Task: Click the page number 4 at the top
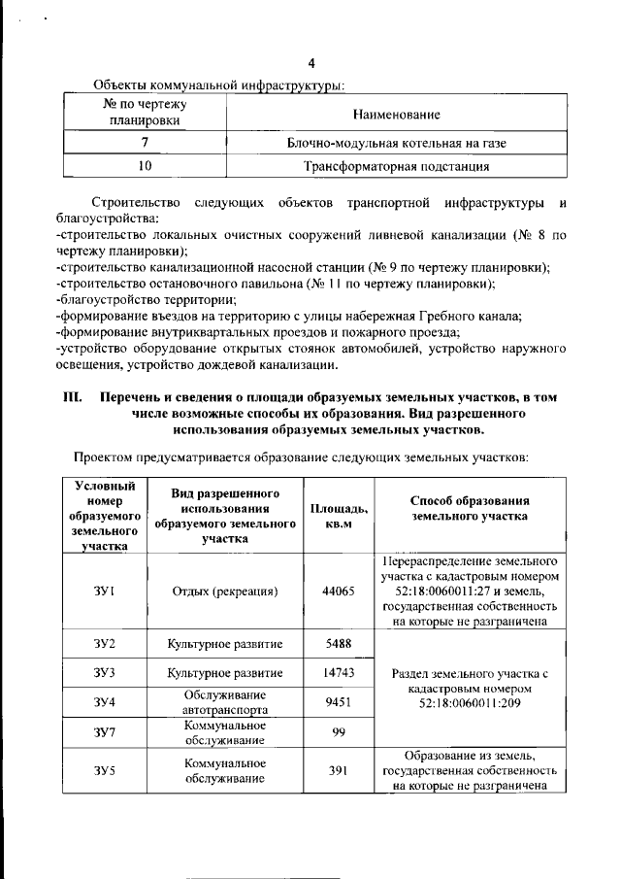[311, 65]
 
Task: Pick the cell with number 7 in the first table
[144, 143]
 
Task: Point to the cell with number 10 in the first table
[144, 166]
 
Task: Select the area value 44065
[339, 591]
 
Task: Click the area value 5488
[339, 644]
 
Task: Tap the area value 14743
[339, 672]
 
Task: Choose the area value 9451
[339, 701]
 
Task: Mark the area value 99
[339, 731]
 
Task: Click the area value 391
[339, 771]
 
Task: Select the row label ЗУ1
[105, 591]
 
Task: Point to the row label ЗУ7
[105, 731]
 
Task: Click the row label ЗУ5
[105, 771]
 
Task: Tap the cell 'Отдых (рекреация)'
[224, 591]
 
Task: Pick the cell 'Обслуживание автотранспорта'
[224, 701]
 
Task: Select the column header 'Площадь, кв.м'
[339, 516]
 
